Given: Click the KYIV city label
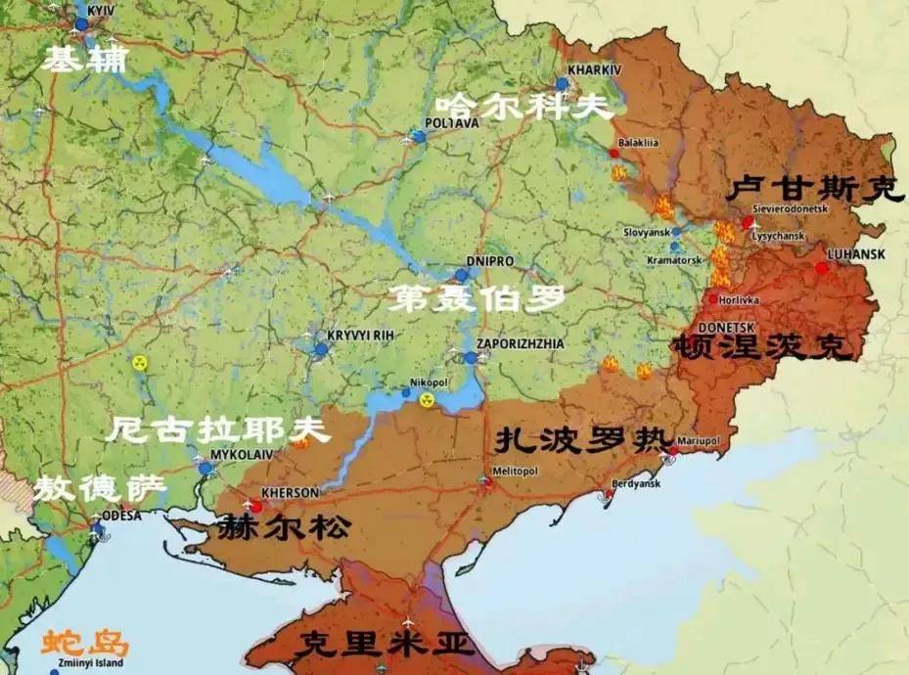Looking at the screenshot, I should pos(102,9).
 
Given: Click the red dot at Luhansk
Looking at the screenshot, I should pos(822,267).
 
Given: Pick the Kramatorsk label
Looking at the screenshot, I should pos(674,260).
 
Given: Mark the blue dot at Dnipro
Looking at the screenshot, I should pos(461,276).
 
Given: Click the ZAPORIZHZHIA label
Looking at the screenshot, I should pos(520,344).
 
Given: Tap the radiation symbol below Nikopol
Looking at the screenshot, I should pos(427,399).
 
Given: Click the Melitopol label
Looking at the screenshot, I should pos(516,471).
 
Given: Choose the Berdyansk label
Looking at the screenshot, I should pos(636,483).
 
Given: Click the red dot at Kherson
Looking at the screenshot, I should pos(256,507).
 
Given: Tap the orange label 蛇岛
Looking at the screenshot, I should pos(85,643).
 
